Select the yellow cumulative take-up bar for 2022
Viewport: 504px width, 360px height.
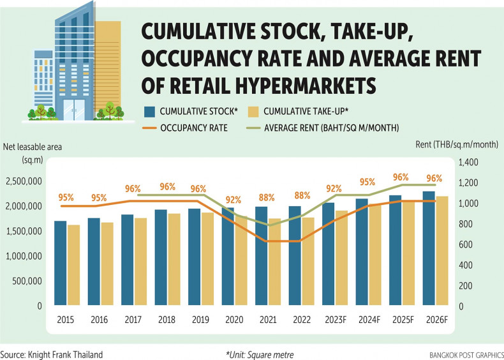click(308, 262)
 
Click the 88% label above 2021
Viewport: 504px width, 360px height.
click(269, 195)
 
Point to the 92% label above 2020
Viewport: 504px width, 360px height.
click(234, 199)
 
